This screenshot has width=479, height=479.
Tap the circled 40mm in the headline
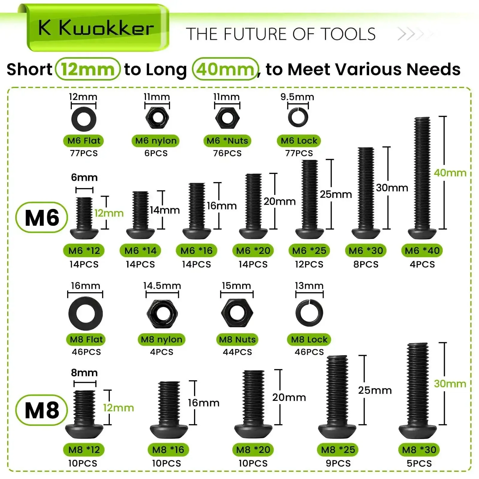(225, 69)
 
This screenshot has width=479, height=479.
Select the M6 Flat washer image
(84, 119)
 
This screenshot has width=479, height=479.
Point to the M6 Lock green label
(299, 141)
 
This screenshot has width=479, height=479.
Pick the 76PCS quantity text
(227, 153)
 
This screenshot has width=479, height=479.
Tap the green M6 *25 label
(309, 251)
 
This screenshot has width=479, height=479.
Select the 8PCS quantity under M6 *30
(366, 264)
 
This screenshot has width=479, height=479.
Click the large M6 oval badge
(42, 218)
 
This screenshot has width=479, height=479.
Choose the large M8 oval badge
(42, 410)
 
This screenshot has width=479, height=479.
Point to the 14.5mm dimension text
(162, 286)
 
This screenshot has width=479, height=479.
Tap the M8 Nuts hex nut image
(237, 313)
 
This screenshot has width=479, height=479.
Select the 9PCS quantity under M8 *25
(338, 463)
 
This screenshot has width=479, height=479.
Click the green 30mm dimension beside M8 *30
(450, 384)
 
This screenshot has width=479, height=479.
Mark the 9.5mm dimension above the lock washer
(297, 97)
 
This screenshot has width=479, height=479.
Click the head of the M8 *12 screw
(84, 432)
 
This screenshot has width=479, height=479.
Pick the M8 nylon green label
(162, 339)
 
